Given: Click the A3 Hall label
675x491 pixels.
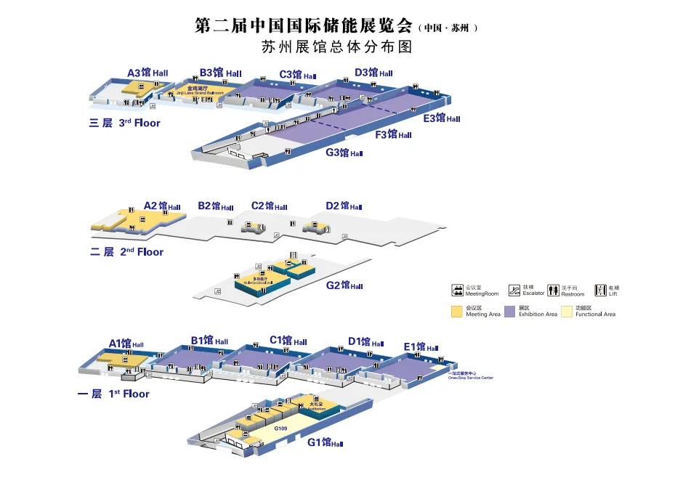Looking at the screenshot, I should (x=147, y=73).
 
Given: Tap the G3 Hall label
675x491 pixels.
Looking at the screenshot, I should (x=344, y=153).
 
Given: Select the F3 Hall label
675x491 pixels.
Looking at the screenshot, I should (x=393, y=134).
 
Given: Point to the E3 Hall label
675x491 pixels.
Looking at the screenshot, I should (x=442, y=118).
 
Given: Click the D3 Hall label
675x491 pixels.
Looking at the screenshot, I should (x=373, y=73).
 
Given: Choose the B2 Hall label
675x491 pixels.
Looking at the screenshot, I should (x=215, y=206).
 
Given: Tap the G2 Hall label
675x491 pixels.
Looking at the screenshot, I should (x=344, y=285).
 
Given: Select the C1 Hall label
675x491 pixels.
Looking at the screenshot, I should (x=289, y=340).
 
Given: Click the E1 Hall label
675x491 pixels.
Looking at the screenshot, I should (x=421, y=347).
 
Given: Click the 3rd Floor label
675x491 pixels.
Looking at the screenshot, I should (x=124, y=123).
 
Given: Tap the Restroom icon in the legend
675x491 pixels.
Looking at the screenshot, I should (x=553, y=291).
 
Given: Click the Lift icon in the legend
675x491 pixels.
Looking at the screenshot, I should (x=600, y=291).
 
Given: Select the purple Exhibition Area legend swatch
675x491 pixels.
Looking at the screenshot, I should (x=510, y=311).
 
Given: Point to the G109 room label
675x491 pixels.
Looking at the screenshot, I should (x=281, y=429).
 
